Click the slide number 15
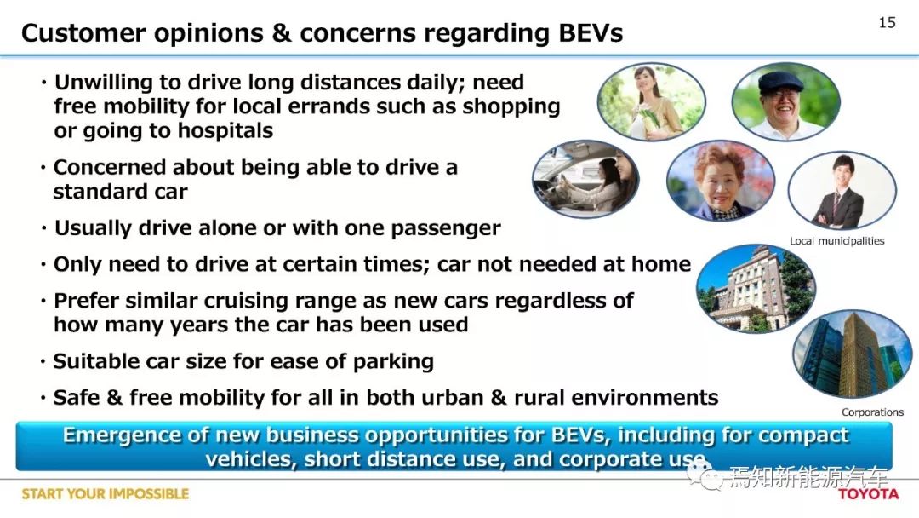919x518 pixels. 887,22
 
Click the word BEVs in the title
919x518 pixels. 591,33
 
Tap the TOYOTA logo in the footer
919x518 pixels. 868,494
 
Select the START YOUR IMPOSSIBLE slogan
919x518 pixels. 106,494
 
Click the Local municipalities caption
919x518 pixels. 836,240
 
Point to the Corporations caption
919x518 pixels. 872,412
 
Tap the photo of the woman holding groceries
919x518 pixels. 651,101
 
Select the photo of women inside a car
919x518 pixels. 585,179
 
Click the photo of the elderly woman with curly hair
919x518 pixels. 721,180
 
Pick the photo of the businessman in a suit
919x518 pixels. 842,189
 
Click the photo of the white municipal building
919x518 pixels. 756,288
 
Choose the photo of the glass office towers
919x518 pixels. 852,354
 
